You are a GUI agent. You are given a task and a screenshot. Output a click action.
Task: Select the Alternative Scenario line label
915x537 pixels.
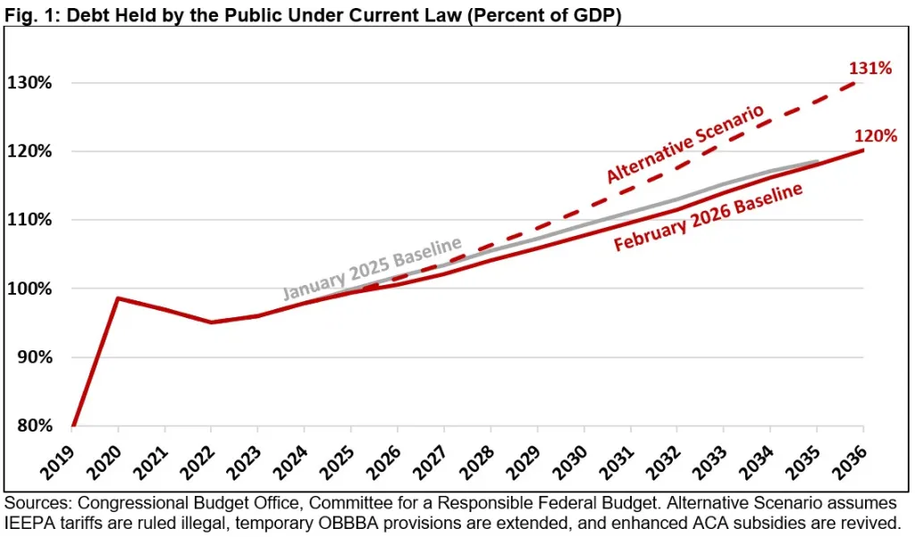685,145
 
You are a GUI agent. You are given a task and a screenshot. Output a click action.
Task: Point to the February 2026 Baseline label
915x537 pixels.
707,217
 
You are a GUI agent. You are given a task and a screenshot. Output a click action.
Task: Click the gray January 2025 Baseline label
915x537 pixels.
372,269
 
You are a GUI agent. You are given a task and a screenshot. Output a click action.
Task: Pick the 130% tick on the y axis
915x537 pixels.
29,83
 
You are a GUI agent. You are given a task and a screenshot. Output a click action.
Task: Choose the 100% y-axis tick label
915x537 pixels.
29,289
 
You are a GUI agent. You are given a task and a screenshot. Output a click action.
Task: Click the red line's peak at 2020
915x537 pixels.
118,298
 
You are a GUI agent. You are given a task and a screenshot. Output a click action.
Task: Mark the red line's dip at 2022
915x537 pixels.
211,323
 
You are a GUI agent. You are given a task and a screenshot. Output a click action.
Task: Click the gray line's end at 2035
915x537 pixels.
817,162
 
